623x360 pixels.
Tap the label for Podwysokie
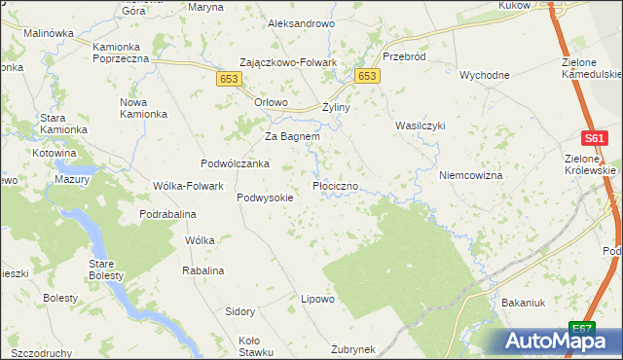[x=265, y=197]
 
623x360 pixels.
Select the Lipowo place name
[x=317, y=299]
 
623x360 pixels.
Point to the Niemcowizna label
[x=470, y=175]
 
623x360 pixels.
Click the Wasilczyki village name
[x=420, y=126]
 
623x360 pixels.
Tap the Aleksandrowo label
[x=301, y=22]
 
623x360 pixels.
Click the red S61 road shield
[x=596, y=140]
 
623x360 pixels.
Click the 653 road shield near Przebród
[x=367, y=77]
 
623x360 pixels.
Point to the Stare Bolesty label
[x=105, y=270]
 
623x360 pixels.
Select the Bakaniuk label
[x=523, y=303]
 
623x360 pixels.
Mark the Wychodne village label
[x=485, y=75]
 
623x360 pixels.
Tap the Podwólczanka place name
[x=235, y=163]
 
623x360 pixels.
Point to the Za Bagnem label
[x=293, y=136]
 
